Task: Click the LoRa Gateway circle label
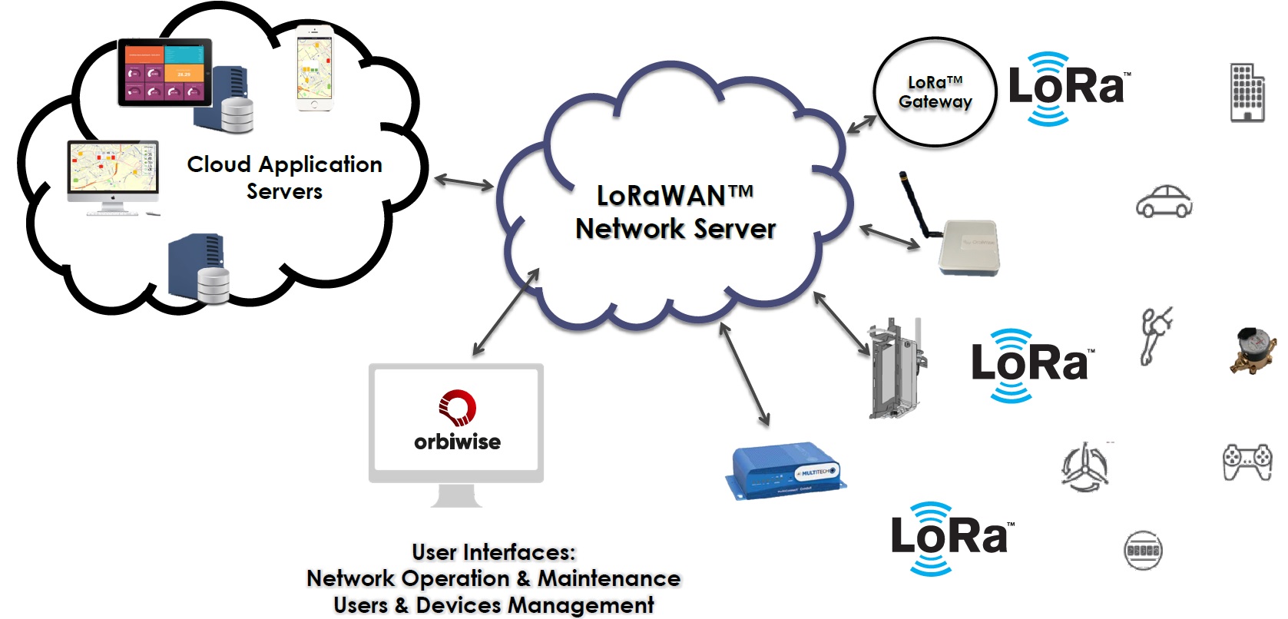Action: [935, 92]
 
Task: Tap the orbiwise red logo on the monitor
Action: [457, 407]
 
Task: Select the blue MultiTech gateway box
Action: [786, 470]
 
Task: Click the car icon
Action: [1164, 201]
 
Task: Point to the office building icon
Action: [1247, 92]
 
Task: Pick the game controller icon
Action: [1247, 462]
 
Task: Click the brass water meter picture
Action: [1253, 349]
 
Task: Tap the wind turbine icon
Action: [1084, 465]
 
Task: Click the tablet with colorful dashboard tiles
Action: [164, 72]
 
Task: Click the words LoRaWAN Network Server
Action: [675, 212]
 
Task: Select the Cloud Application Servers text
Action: [284, 177]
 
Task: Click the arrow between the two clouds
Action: [464, 182]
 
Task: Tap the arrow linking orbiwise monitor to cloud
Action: [505, 312]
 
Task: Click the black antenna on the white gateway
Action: [914, 204]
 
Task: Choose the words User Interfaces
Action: [493, 552]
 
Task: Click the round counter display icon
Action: [1143, 550]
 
